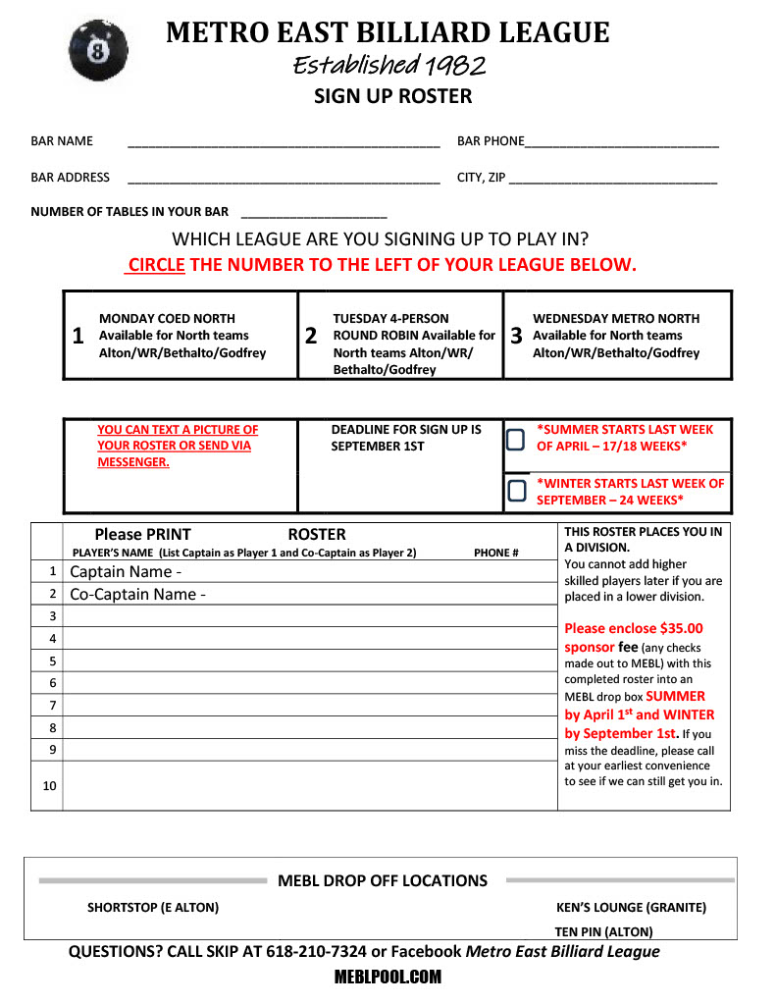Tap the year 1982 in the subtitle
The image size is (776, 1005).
tap(454, 66)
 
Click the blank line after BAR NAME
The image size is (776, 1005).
tap(284, 143)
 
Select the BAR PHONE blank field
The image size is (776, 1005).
tap(622, 143)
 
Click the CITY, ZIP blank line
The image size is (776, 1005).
tap(613, 180)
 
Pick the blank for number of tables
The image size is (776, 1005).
tap(314, 214)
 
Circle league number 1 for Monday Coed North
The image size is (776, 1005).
tap(78, 336)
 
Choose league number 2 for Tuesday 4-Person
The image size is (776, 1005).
tap(311, 336)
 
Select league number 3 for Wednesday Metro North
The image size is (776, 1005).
tap(516, 336)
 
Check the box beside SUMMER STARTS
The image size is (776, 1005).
tap(515, 439)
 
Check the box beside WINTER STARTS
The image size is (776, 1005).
tap(515, 490)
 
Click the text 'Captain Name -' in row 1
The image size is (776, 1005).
tap(126, 572)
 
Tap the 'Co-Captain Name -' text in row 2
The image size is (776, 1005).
tap(137, 595)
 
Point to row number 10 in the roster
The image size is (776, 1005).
tap(49, 786)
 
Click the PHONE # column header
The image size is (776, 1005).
tap(496, 553)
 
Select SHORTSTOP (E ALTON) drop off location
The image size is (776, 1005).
tap(153, 908)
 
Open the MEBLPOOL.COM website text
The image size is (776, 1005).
tap(388, 978)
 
